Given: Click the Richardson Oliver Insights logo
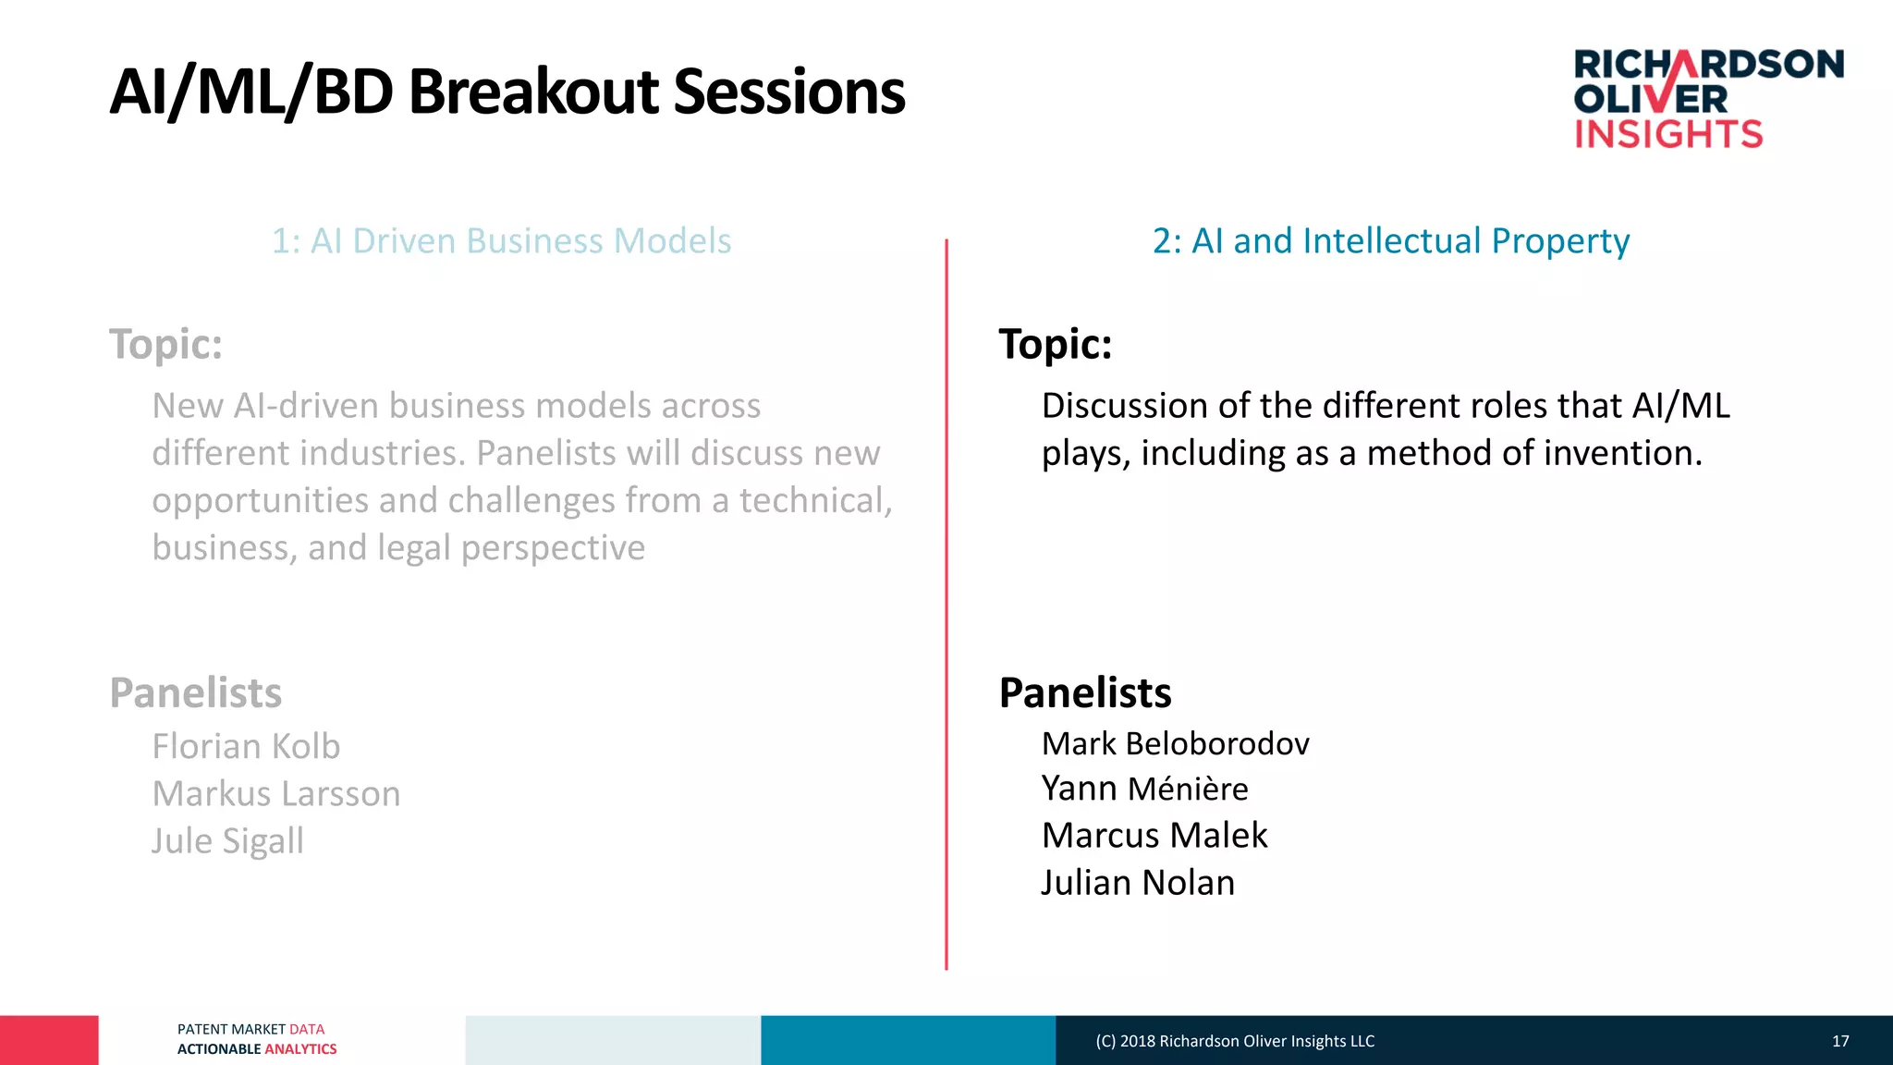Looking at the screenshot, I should coord(1708,99).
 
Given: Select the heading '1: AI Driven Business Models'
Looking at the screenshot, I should coord(501,241).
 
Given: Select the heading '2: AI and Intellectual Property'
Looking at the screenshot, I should coord(1390,241).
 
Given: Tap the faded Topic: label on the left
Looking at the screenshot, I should coord(166,345).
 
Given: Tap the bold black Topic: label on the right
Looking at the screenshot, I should coord(1056,345).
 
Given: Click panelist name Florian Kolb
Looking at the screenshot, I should coord(246,746).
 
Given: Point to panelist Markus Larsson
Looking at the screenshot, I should coord(275,793).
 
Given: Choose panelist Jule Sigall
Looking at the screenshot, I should coord(227,841).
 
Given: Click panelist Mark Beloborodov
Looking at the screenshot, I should coord(1175,743).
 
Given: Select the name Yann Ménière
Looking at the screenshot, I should coord(1144,789).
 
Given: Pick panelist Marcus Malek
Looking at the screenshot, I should coord(1154,835).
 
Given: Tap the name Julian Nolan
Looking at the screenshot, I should coord(1138,883).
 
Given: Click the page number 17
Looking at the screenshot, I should coord(1839,1041).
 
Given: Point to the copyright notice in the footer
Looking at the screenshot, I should coord(1235,1041).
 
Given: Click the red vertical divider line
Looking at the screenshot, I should coord(946,601).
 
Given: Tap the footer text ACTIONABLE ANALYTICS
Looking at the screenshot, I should coord(257,1049).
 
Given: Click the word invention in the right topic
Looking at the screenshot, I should coord(1627,453).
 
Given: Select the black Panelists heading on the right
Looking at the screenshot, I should coord(1085,693).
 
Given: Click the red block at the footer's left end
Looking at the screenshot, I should coord(49,1040).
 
